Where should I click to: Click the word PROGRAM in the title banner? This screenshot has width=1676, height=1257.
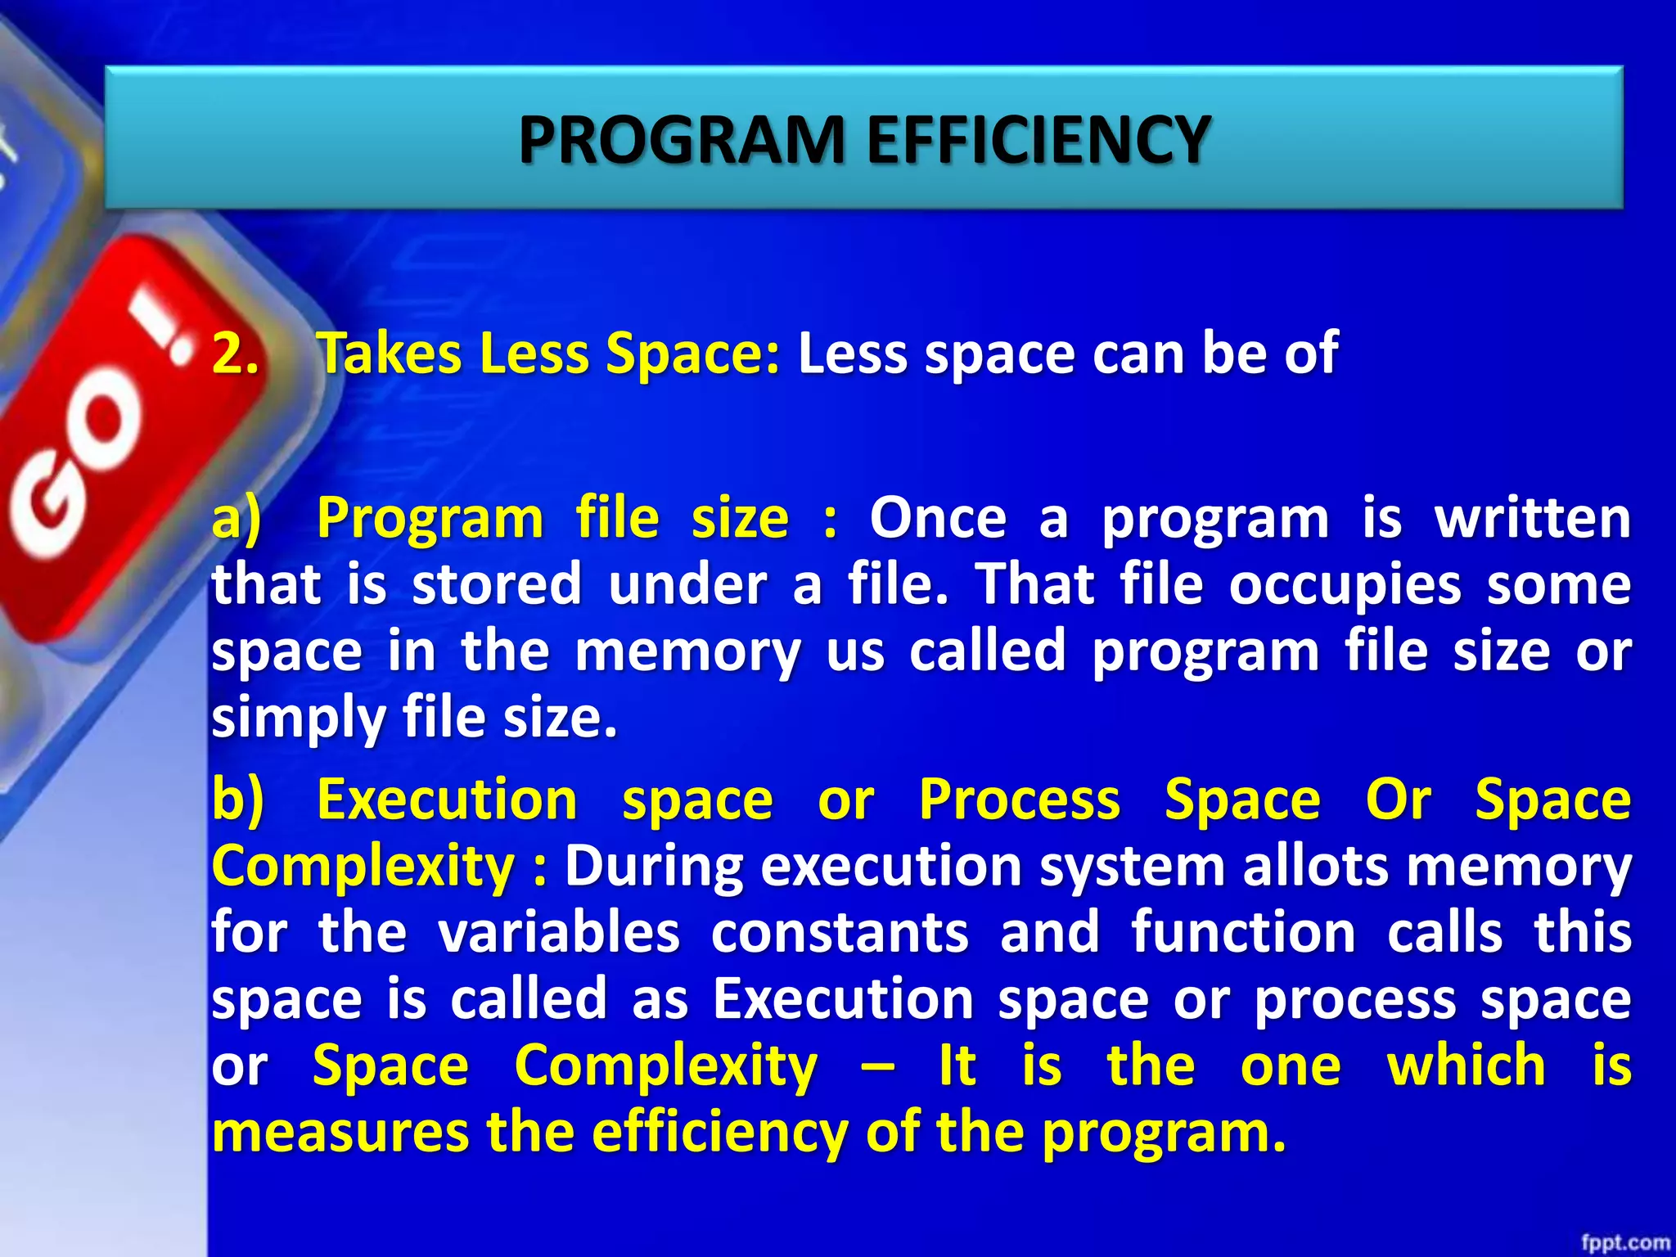tap(681, 140)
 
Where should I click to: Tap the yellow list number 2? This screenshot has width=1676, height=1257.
tap(235, 354)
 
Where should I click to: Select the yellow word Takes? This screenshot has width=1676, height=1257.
tap(388, 354)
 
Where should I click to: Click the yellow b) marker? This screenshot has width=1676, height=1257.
tap(237, 800)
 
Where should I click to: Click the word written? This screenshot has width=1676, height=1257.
tap(1532, 519)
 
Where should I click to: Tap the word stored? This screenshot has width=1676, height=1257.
tap(497, 585)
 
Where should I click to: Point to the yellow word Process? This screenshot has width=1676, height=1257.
tap(1019, 800)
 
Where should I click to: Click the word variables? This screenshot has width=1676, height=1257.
tap(558, 933)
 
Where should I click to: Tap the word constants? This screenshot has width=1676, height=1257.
tap(840, 933)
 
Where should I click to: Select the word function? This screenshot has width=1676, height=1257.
tap(1243, 933)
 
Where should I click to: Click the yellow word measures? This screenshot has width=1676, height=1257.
tap(340, 1133)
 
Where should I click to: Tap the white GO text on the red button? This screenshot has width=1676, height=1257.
tap(74, 466)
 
